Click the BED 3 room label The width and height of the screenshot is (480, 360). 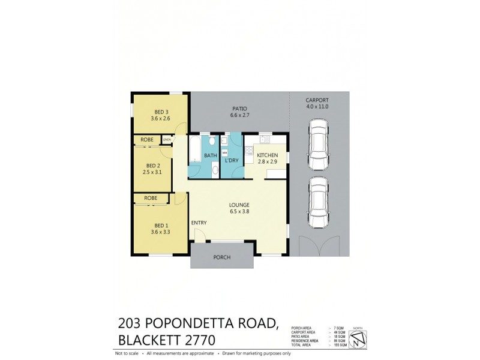(x=161, y=112)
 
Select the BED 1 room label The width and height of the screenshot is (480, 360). (x=161, y=224)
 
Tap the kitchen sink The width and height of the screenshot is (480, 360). (x=263, y=140)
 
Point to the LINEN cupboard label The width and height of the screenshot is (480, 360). (x=167, y=140)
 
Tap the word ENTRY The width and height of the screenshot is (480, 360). (x=199, y=223)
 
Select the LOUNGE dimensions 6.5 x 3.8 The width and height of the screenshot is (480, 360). (x=239, y=211)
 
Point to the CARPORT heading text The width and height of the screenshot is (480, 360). (x=318, y=101)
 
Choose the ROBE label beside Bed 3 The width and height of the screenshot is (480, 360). (x=146, y=140)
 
